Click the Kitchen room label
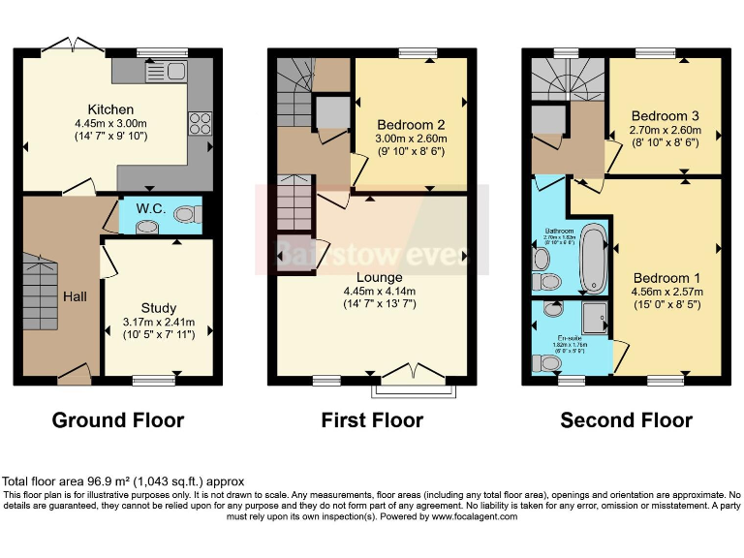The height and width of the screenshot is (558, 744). pos(109,109)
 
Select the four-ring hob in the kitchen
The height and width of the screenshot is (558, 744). pos(200,123)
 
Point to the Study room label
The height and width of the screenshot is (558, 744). pos(158,309)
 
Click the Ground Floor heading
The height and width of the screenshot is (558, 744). pos(117,419)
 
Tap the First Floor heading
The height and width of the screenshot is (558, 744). pos(372,419)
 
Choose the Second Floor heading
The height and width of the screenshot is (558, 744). pos(627,419)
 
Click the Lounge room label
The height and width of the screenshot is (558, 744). pos(379,277)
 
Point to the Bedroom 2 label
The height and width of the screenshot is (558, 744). pos(411,125)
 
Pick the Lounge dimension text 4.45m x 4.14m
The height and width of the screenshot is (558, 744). pos(379,291)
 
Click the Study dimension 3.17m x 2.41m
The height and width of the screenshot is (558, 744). pos(158,323)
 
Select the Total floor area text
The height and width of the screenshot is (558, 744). pos(123,480)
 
